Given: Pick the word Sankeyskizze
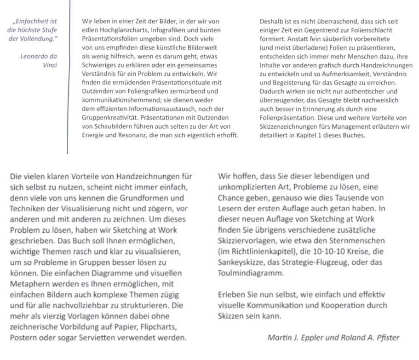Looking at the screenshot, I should [x=242, y=262].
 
